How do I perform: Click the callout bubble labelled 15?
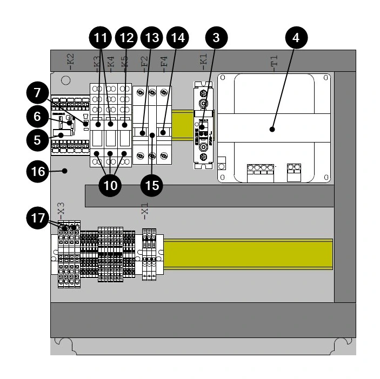click(x=152, y=185)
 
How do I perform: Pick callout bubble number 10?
click(x=110, y=185)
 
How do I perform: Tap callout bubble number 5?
click(x=37, y=139)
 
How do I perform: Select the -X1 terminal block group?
click(x=149, y=254)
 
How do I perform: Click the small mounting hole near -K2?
click(x=66, y=80)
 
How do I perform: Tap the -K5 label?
click(x=124, y=62)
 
